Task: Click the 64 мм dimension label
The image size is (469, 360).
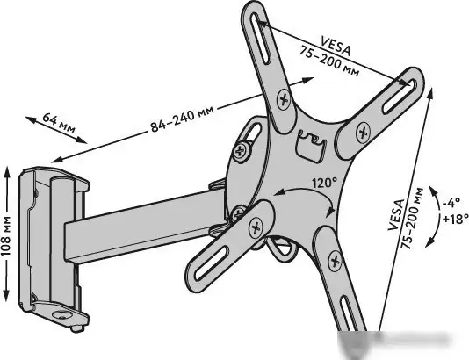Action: tap(59, 122)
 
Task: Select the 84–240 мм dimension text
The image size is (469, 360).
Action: tap(182, 119)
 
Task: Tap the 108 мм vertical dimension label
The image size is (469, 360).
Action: tap(5, 235)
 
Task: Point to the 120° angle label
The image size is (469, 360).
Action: tap(324, 183)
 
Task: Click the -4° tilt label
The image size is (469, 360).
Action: tap(451, 204)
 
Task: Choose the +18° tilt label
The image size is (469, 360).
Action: tap(455, 219)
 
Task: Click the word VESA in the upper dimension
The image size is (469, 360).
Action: tap(335, 46)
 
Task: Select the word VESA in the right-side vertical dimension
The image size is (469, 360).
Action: tap(396, 215)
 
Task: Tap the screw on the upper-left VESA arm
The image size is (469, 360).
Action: tap(284, 99)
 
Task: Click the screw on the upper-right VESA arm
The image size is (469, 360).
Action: tap(363, 132)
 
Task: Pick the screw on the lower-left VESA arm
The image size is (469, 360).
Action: tap(255, 227)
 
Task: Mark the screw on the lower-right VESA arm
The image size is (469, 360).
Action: tap(335, 262)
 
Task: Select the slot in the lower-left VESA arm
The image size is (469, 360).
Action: tap(211, 263)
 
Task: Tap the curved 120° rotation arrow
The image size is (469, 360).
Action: tap(308, 191)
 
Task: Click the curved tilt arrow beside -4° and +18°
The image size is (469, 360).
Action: tap(437, 216)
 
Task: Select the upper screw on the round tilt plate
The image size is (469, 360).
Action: tap(241, 151)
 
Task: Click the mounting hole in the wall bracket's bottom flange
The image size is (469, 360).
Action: tap(61, 315)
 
